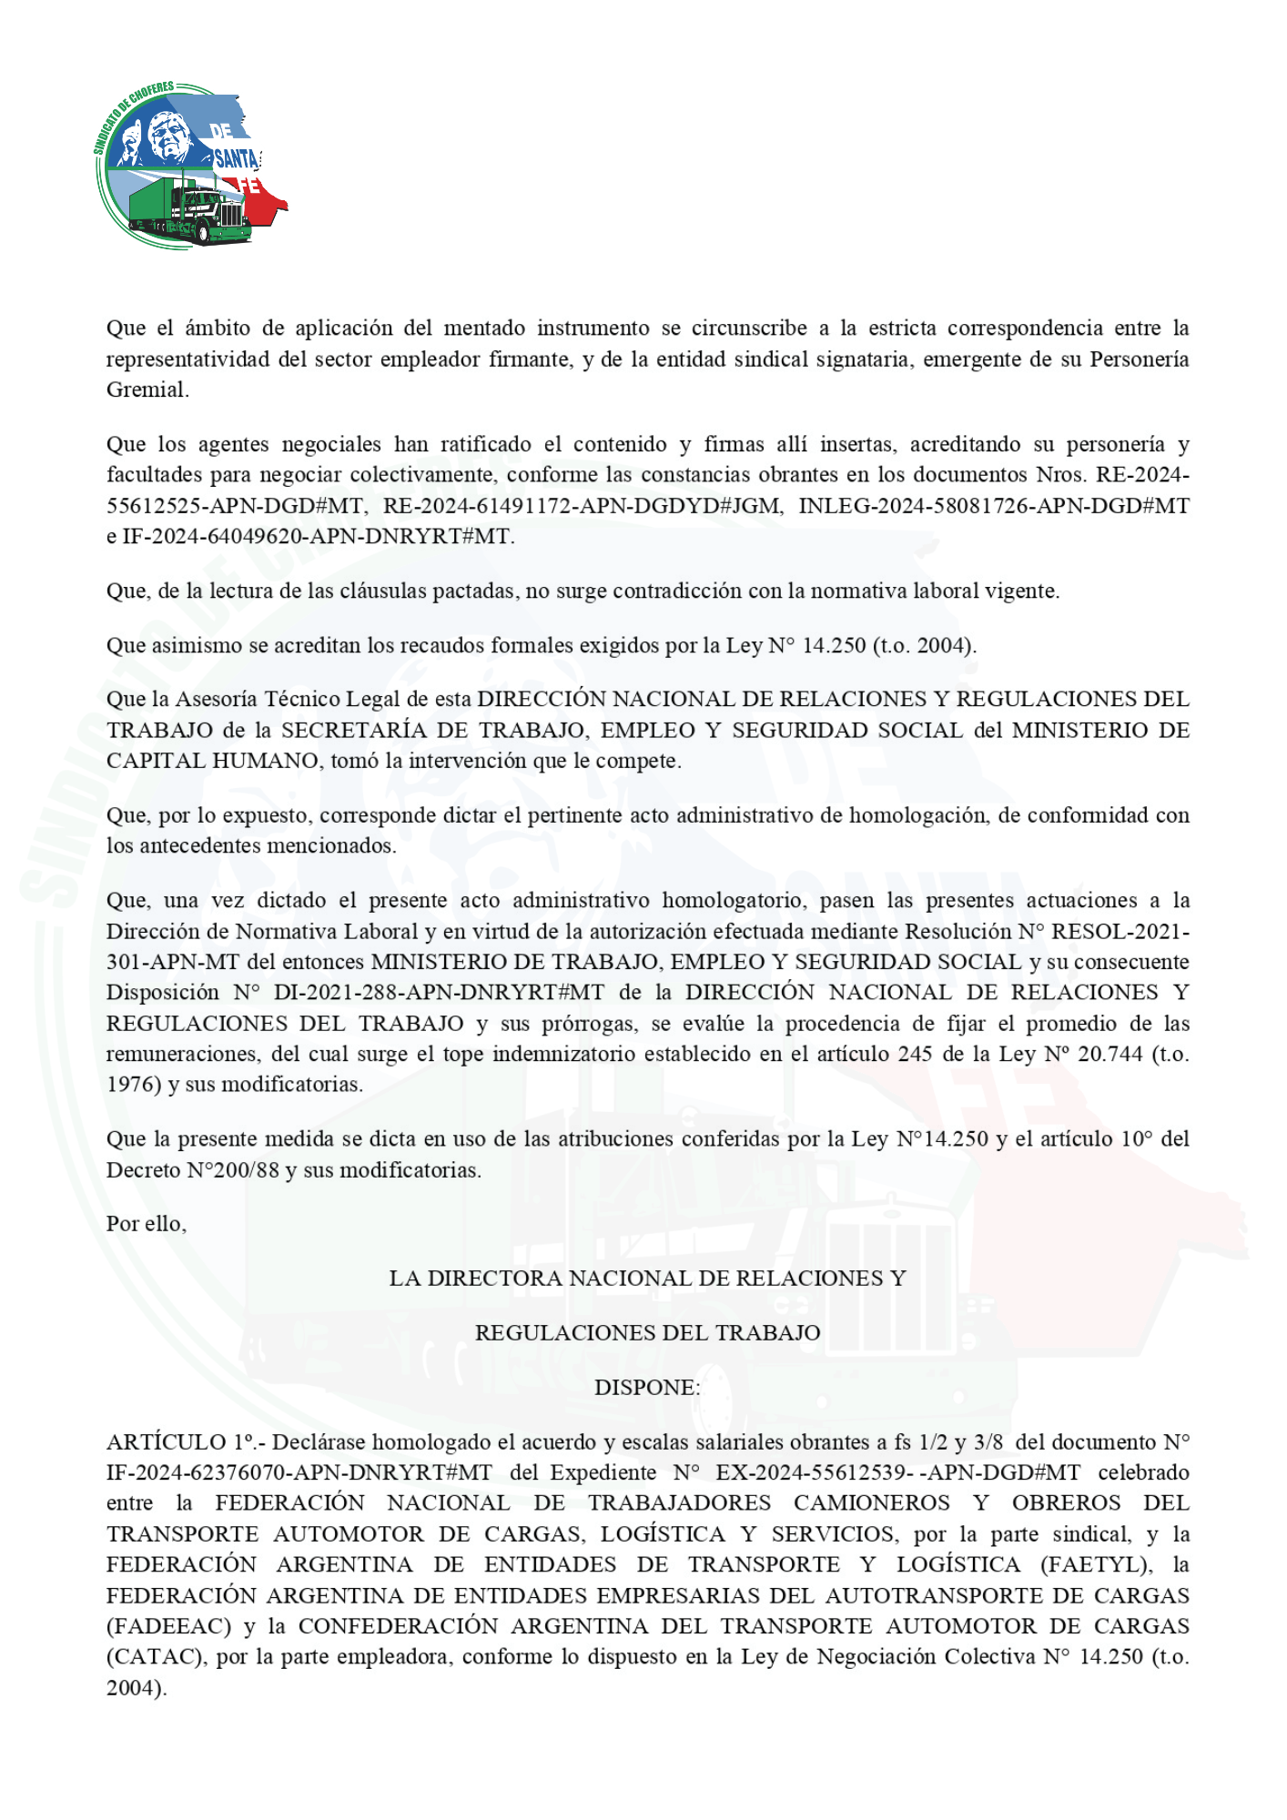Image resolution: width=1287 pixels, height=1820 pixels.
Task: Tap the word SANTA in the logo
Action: coord(237,159)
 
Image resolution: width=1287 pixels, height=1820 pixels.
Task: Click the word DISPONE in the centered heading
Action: coord(647,1387)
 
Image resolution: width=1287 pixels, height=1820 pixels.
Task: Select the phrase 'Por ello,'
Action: coord(147,1223)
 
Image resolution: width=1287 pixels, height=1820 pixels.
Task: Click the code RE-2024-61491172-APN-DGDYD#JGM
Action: coord(583,505)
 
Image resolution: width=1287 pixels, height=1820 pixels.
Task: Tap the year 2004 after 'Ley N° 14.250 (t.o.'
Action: coord(944,645)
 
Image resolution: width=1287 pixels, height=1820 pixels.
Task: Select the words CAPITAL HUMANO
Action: coord(213,761)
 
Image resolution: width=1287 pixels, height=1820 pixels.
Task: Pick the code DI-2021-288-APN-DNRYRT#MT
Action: coord(439,992)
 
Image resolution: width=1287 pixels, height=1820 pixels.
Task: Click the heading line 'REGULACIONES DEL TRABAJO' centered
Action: coord(647,1332)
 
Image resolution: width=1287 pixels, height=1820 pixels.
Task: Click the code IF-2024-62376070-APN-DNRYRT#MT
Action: coord(299,1472)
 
